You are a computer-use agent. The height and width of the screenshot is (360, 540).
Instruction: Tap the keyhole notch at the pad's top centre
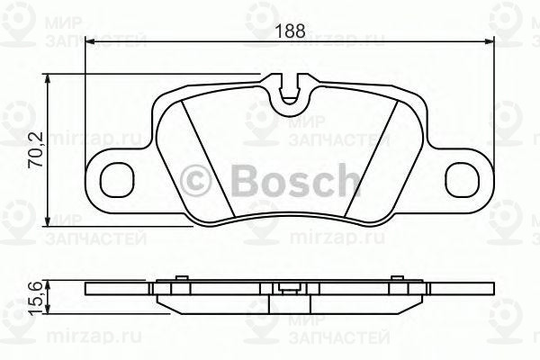pyautogui.click(x=289, y=91)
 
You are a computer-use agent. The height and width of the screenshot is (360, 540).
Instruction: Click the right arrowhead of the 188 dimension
pyautogui.click(x=490, y=40)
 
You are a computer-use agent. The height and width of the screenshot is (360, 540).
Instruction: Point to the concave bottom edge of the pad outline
pyautogui.click(x=289, y=219)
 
